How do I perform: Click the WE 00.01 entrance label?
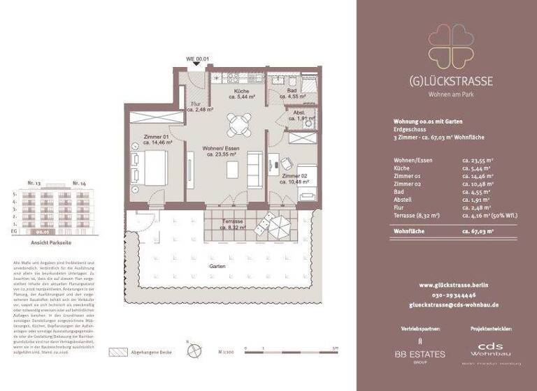pos(197,59)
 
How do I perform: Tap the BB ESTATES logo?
pos(420,353)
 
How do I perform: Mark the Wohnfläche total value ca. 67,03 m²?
pos(480,231)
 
